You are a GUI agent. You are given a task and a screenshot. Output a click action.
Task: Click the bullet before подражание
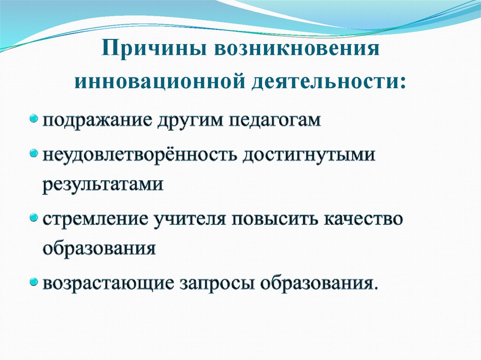coord(34,118)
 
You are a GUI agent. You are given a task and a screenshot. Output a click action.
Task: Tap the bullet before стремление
coord(34,218)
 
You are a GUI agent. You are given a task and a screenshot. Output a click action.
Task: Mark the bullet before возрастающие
coord(34,282)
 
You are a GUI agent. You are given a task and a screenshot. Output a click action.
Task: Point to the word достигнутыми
coord(309,155)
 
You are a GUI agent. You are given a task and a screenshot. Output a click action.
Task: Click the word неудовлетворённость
coord(140,155)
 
